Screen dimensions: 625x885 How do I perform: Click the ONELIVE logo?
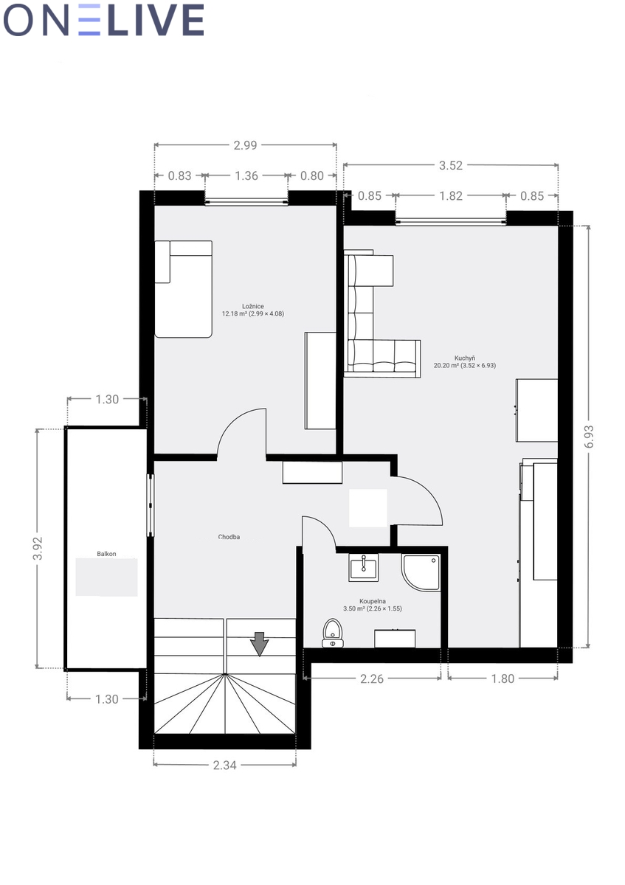pos(103,20)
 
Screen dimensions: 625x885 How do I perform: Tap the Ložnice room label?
pos(253,306)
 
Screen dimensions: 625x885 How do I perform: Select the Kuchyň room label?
pos(464,358)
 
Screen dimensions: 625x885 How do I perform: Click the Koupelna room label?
pos(373,601)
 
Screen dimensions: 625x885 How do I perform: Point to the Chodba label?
pos(229,537)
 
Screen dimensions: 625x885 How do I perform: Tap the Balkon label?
pos(106,554)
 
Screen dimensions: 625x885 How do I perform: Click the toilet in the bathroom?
pos(333,633)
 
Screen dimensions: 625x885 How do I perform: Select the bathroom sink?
pos(363,567)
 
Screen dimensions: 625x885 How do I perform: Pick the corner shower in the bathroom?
pos(421,572)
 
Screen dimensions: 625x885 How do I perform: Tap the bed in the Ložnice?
pos(183,289)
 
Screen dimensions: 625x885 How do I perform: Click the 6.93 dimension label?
pos(589,437)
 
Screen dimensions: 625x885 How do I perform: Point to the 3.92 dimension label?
pos(38,549)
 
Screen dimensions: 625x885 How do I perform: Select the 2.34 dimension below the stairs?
pos(224,766)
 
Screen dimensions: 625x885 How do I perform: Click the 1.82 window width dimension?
pos(451,196)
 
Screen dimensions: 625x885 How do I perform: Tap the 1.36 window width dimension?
pos(246,176)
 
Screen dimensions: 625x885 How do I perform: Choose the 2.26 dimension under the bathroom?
pos(372,678)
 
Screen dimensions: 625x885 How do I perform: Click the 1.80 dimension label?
pos(503,678)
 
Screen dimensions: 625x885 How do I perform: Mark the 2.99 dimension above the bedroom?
pos(245,145)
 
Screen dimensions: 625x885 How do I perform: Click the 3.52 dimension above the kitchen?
pos(451,165)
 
